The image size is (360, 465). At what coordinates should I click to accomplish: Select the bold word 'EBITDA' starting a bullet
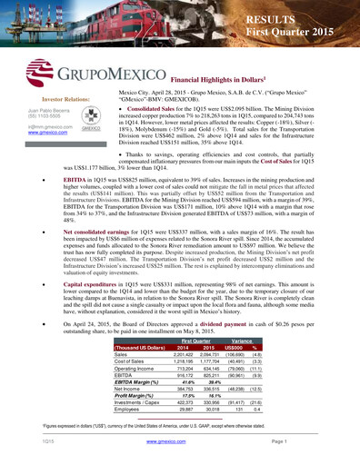(x=73, y=180)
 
